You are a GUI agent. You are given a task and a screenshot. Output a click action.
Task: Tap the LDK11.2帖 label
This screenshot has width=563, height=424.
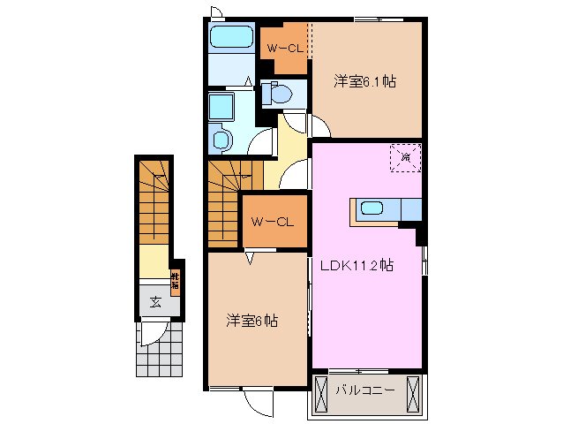click(363, 264)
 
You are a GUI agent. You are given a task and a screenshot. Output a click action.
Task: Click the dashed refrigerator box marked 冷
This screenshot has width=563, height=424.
click(406, 157)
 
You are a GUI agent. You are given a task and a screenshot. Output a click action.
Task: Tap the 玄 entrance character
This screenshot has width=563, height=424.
click(155, 302)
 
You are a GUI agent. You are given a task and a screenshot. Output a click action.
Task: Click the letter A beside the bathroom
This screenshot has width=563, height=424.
click(250, 82)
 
